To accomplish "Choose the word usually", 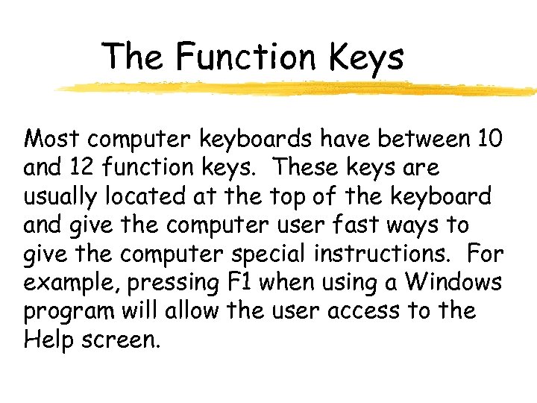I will (x=61, y=197).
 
